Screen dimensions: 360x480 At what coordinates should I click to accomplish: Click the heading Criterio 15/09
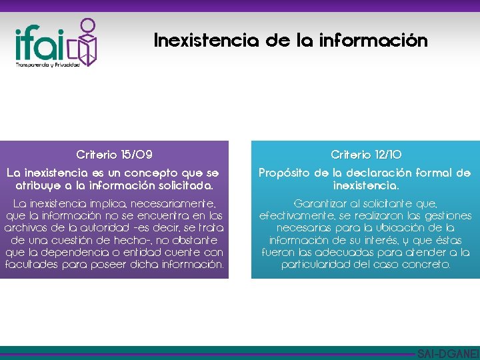[x=114, y=155]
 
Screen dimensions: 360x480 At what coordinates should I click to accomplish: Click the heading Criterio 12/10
[x=365, y=155]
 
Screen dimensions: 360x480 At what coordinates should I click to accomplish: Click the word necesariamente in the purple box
[x=181, y=203]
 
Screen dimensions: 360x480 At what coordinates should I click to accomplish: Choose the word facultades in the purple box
[x=32, y=263]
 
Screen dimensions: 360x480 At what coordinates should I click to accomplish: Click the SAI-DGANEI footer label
[x=447, y=354]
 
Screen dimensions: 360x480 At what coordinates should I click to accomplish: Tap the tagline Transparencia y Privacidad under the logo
[x=47, y=65]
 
